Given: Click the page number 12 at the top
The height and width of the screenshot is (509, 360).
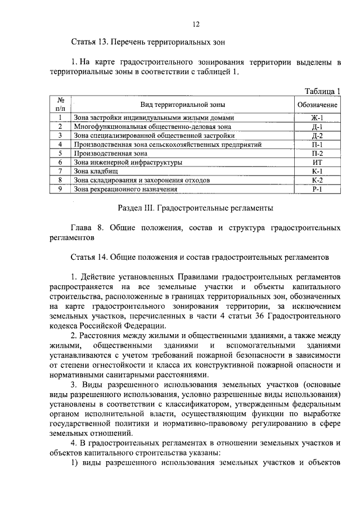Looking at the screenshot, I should pyautogui.click(x=196, y=24).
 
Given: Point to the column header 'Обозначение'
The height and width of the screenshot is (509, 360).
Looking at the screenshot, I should pyautogui.click(x=317, y=105).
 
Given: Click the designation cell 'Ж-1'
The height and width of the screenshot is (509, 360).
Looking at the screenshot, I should pyautogui.click(x=317, y=118).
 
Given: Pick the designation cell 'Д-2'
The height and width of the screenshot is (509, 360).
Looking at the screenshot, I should pyautogui.click(x=317, y=136).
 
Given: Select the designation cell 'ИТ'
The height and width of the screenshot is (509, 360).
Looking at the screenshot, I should pyautogui.click(x=317, y=163).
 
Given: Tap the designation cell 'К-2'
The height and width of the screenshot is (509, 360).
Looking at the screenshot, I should pyautogui.click(x=317, y=181).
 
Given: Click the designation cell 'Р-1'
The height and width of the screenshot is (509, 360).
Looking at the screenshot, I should pyautogui.click(x=317, y=190).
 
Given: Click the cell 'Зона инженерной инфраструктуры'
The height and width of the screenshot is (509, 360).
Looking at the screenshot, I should pyautogui.click(x=128, y=163).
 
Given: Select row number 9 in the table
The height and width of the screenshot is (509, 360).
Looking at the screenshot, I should pyautogui.click(x=60, y=190).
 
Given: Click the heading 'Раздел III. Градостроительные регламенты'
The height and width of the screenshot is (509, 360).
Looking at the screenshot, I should pyautogui.click(x=195, y=208).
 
